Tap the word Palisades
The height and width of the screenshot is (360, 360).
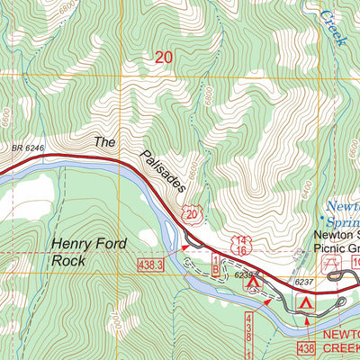(x=163, y=171)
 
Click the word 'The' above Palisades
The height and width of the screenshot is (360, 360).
(x=106, y=141)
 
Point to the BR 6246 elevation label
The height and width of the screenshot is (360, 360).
(x=28, y=145)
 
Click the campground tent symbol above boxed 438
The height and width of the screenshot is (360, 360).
(x=307, y=304)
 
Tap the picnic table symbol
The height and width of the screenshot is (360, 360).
(x=338, y=261)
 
